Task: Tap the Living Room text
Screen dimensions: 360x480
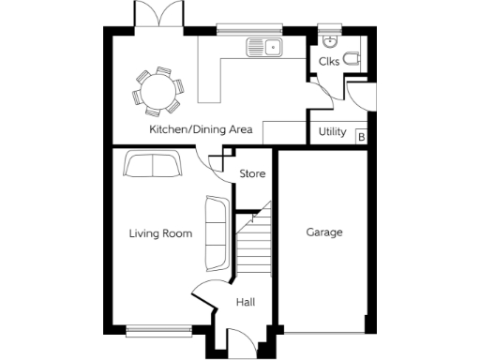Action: [x=160, y=233]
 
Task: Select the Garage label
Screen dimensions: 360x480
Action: [x=324, y=232]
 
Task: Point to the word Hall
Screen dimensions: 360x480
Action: [x=246, y=302]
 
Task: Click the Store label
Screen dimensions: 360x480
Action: [x=252, y=174]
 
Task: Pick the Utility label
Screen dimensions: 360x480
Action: [x=333, y=132]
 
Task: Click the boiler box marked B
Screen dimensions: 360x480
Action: [x=362, y=138]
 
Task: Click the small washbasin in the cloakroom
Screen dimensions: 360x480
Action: [x=329, y=41]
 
